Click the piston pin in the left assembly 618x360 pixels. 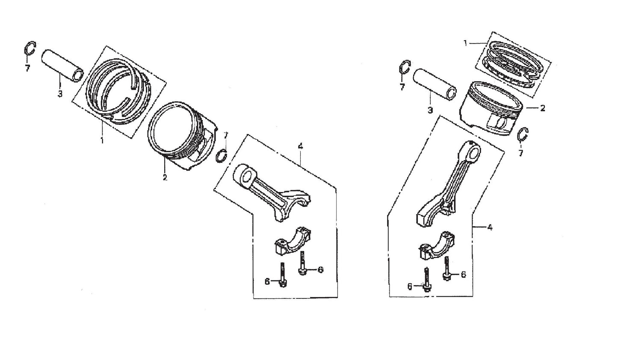click(x=62, y=65)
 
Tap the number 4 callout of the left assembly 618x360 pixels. click(x=301, y=146)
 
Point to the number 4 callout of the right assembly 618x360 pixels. click(x=490, y=228)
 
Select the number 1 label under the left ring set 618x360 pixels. click(x=102, y=140)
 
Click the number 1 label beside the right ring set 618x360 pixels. click(x=466, y=42)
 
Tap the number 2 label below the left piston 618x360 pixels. click(x=165, y=177)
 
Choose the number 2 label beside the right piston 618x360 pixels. click(x=543, y=108)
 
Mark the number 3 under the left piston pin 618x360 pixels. click(x=60, y=94)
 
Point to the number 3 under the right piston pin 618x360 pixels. click(x=430, y=110)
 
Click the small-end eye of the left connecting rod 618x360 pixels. click(x=246, y=175)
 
